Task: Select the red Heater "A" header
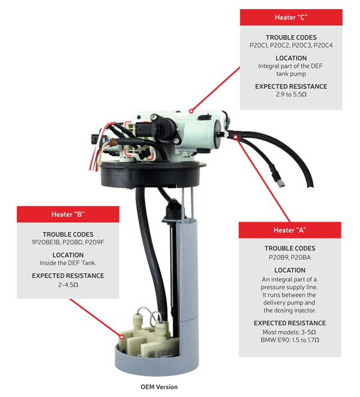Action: point(289,230)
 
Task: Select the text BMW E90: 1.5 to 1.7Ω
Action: point(289,339)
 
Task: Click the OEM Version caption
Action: point(159,386)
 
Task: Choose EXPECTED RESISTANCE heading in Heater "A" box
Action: point(289,323)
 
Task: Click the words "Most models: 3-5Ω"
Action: point(289,332)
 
